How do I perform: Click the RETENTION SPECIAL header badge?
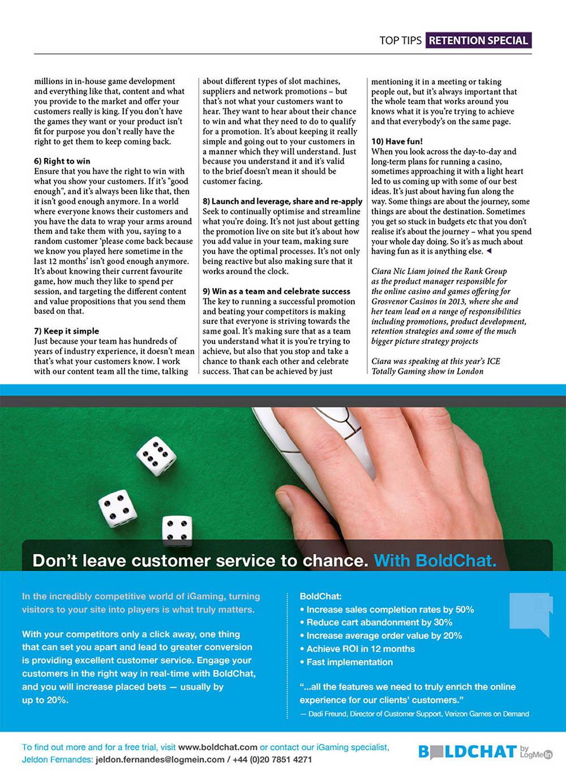click(478, 40)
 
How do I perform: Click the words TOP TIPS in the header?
click(400, 40)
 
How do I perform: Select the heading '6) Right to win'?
click(62, 161)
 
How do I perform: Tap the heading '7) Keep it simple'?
click(66, 331)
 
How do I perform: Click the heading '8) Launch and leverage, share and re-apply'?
click(282, 202)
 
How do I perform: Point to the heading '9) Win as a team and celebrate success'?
click(276, 291)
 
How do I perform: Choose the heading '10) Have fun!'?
click(397, 142)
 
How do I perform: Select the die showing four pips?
click(177, 531)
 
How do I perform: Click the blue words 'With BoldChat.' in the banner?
click(435, 561)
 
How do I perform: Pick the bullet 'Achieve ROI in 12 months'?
click(361, 649)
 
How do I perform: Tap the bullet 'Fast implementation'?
click(349, 662)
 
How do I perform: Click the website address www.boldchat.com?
click(217, 747)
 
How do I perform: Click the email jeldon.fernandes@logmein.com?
click(160, 759)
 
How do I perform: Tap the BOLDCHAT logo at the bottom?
click(468, 752)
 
